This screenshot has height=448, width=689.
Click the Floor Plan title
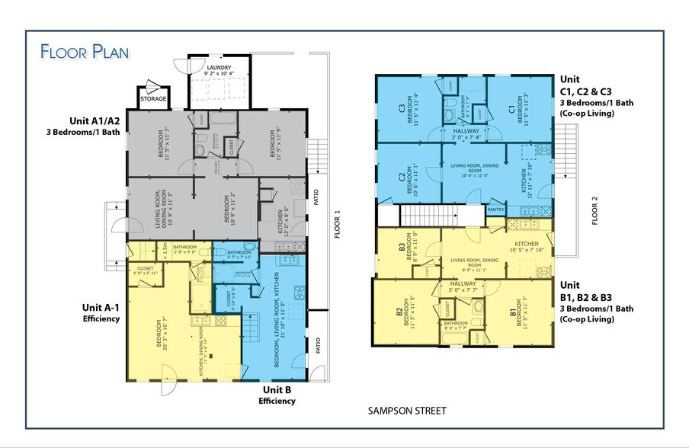pos(85,52)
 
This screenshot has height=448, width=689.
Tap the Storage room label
pos(153,98)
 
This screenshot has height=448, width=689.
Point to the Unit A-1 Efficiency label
pos(101,313)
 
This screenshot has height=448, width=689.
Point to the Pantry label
pos(495,208)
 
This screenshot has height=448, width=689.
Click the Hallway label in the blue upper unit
pos(466,131)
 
